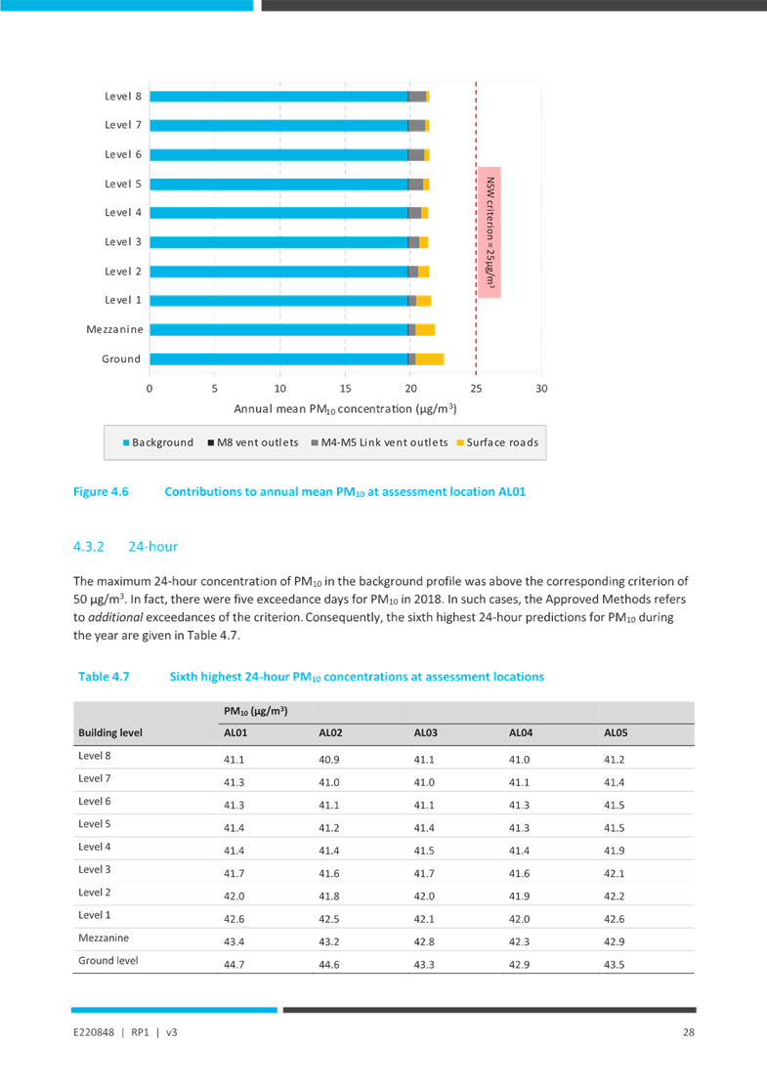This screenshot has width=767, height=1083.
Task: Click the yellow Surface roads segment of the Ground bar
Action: pyautogui.click(x=430, y=358)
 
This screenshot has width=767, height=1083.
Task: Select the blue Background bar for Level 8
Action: pyautogui.click(x=278, y=97)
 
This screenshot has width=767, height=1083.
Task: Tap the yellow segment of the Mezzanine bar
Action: pyautogui.click(x=425, y=329)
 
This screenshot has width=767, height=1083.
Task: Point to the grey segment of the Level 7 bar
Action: pyautogui.click(x=417, y=126)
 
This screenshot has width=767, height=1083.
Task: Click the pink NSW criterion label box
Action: pyautogui.click(x=490, y=231)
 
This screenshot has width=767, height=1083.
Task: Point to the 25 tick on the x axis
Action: pyautogui.click(x=476, y=388)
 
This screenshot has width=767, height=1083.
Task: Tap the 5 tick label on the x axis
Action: pyautogui.click(x=215, y=388)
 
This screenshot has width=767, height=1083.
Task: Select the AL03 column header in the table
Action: pyautogui.click(x=425, y=732)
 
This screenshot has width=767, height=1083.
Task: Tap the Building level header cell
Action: pyautogui.click(x=112, y=732)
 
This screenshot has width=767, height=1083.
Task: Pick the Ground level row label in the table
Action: pyautogui.click(x=108, y=960)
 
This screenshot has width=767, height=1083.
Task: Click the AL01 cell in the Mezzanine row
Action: pyautogui.click(x=234, y=941)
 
